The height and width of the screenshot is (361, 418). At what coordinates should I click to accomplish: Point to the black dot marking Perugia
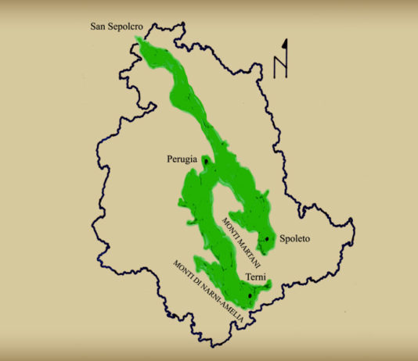click(206, 161)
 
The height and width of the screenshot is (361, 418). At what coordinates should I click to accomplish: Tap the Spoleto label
click(296, 240)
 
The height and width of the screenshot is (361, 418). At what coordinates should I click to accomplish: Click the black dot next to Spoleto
click(268, 238)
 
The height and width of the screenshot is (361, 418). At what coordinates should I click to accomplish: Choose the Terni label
click(254, 277)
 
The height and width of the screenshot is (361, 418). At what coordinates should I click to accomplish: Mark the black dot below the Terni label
click(249, 296)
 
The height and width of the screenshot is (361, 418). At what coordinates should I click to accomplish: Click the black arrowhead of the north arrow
click(286, 44)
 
